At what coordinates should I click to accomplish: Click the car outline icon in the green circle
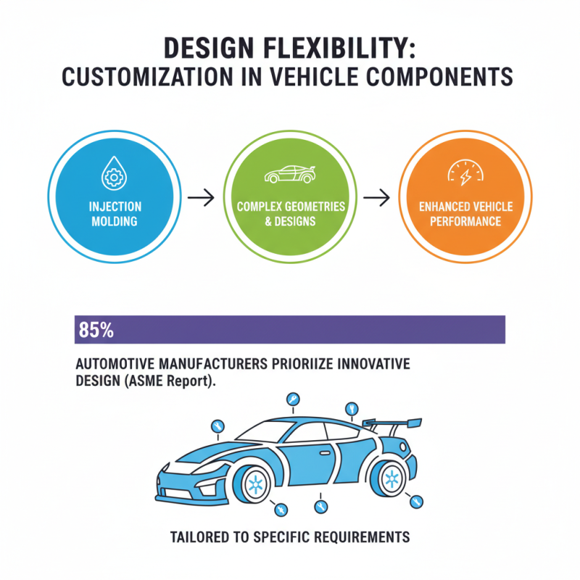(291, 175)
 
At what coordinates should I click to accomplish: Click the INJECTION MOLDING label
(115, 214)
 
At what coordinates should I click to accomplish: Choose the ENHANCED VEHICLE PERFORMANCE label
(465, 214)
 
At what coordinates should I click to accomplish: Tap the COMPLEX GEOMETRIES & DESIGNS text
(291, 214)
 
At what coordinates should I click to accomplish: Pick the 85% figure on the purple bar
(95, 331)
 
